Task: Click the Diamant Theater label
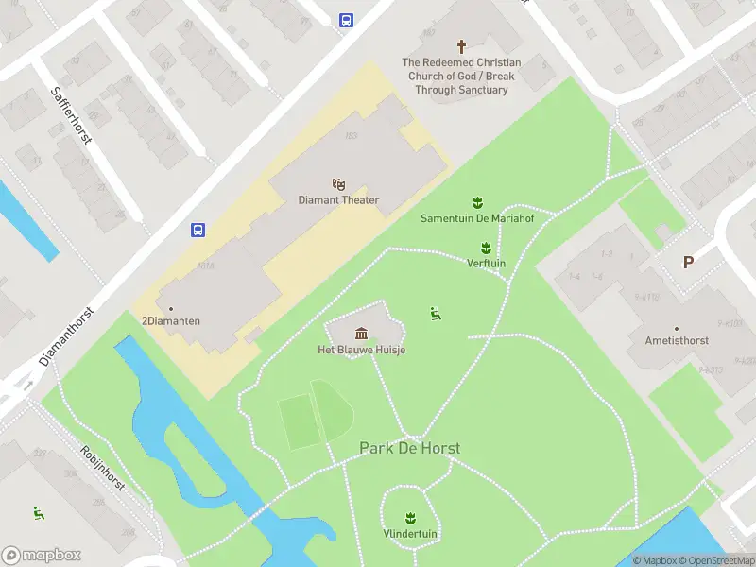[x=338, y=200]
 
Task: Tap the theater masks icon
[x=338, y=183]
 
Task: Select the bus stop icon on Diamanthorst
[x=198, y=230]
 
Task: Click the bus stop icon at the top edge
[x=346, y=19]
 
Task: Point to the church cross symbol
[x=462, y=45]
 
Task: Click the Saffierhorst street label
[x=70, y=115]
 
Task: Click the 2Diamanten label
[x=171, y=321]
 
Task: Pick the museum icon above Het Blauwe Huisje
[x=361, y=333]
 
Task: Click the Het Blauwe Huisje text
[x=362, y=350]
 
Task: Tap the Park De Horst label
[x=409, y=448]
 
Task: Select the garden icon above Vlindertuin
[x=410, y=517]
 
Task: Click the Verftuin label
[x=486, y=264]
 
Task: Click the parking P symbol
[x=688, y=263]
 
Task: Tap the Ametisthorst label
[x=677, y=340]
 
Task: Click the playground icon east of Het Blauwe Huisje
[x=436, y=313]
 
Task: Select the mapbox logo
[x=42, y=555]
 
